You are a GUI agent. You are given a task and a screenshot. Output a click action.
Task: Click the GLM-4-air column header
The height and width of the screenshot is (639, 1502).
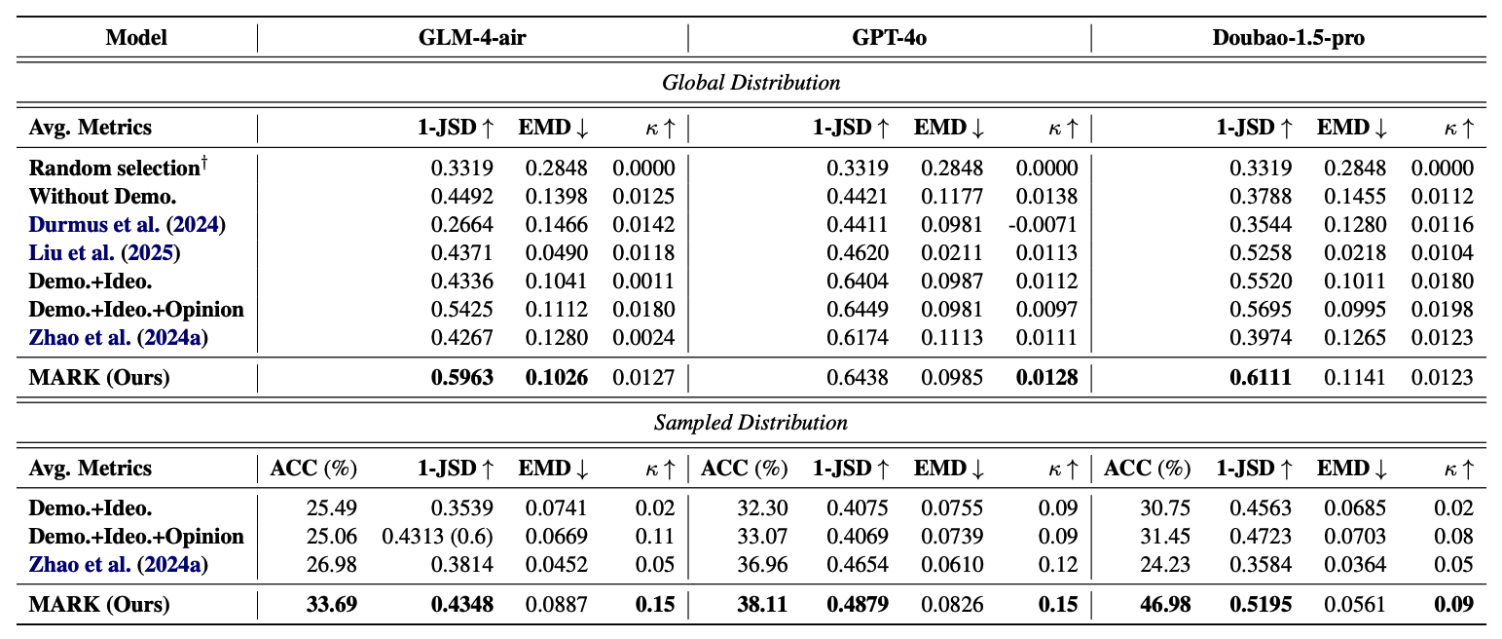[x=471, y=38]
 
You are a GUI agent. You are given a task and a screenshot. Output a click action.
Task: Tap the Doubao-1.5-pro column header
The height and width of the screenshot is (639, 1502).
[x=1288, y=38]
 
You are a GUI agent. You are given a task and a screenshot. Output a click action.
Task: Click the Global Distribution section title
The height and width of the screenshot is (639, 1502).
[x=751, y=83]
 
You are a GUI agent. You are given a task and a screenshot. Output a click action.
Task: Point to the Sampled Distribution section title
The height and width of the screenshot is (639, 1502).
[x=751, y=423]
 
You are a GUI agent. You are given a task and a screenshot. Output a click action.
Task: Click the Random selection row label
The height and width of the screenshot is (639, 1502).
[x=120, y=168]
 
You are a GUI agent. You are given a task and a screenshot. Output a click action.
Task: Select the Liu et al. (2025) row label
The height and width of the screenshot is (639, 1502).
[x=105, y=253]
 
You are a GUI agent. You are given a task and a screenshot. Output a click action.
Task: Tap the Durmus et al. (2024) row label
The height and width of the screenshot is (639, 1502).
[x=127, y=225]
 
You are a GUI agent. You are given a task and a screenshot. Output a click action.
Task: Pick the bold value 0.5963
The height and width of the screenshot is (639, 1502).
[x=462, y=377]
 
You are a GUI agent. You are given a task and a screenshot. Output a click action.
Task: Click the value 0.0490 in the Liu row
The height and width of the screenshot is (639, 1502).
[x=557, y=253]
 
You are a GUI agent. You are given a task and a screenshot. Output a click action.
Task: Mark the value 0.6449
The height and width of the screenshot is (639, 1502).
[x=858, y=310]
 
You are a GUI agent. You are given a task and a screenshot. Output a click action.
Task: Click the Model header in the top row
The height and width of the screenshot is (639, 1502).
[x=136, y=38]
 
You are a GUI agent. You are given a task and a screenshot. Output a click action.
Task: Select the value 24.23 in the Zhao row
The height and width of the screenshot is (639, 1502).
[x=1165, y=565]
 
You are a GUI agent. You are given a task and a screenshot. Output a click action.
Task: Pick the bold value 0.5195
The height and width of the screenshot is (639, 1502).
[x=1261, y=605]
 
